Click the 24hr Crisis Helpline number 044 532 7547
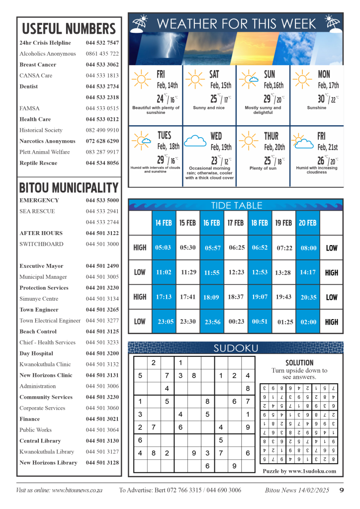point(102,43)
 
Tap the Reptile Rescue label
point(38,163)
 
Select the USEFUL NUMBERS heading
point(69,28)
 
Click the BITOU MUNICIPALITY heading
point(69,188)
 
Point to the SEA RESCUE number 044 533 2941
point(102,211)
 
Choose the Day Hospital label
point(37,353)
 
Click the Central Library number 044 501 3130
point(102,441)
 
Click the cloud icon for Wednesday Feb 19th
point(195,141)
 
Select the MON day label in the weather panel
point(324,75)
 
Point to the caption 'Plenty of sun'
point(263,169)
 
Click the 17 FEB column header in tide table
point(235,223)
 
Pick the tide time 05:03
point(163,248)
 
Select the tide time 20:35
point(308,297)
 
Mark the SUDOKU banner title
point(235,348)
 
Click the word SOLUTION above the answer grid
point(299,363)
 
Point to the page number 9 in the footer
point(342,490)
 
